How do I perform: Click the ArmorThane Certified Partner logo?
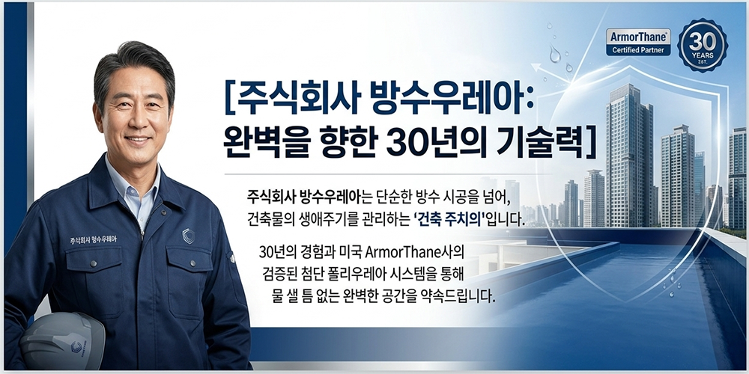pyautogui.click(x=637, y=42)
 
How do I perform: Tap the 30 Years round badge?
pyautogui.click(x=702, y=45)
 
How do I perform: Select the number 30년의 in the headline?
pyautogui.click(x=420, y=141)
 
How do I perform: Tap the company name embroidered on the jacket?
pyautogui.click(x=93, y=240)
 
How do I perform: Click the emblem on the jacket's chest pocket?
pyautogui.click(x=188, y=236)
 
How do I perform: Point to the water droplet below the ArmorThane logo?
pyautogui.click(x=554, y=54)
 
